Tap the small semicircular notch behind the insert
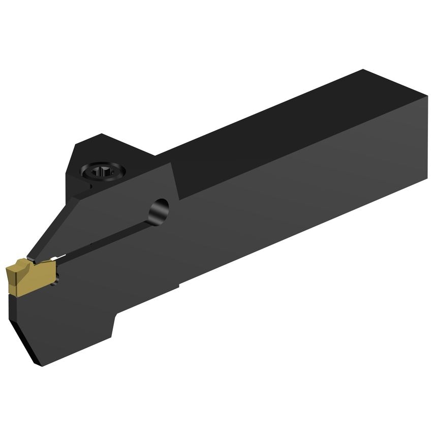point(59,277)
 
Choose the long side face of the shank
point(305,203)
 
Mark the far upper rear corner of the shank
point(363,70)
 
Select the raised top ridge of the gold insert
point(20,263)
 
